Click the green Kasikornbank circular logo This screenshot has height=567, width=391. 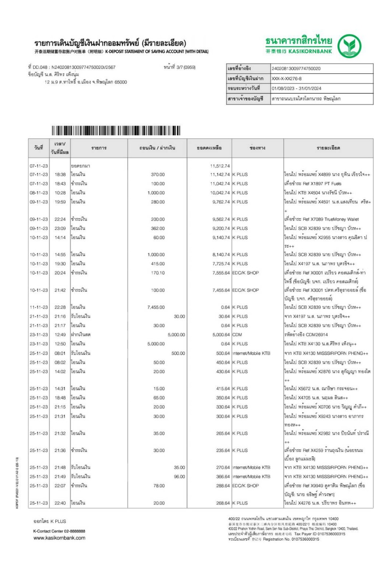pos(349,46)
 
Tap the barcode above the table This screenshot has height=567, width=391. pos(115,131)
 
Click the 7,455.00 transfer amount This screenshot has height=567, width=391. pos(156,307)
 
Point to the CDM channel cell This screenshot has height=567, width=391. pos(237,335)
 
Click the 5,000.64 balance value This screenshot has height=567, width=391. pos(221,335)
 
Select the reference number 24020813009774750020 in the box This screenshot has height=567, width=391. pos(296,69)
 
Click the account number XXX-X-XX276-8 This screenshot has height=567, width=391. pos(286,79)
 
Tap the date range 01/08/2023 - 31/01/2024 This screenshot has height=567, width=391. pos(296,88)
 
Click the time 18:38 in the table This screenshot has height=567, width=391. pos(60,175)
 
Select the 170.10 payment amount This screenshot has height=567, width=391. pos(158,273)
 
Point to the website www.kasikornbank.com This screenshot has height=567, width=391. pos(59,538)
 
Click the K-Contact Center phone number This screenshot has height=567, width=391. pos(72,531)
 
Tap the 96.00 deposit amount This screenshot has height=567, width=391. pos(179,477)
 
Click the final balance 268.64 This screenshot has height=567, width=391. pos(223,503)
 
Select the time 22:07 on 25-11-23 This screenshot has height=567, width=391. pos(60,486)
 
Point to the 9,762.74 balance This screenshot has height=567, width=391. pos(221,202)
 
